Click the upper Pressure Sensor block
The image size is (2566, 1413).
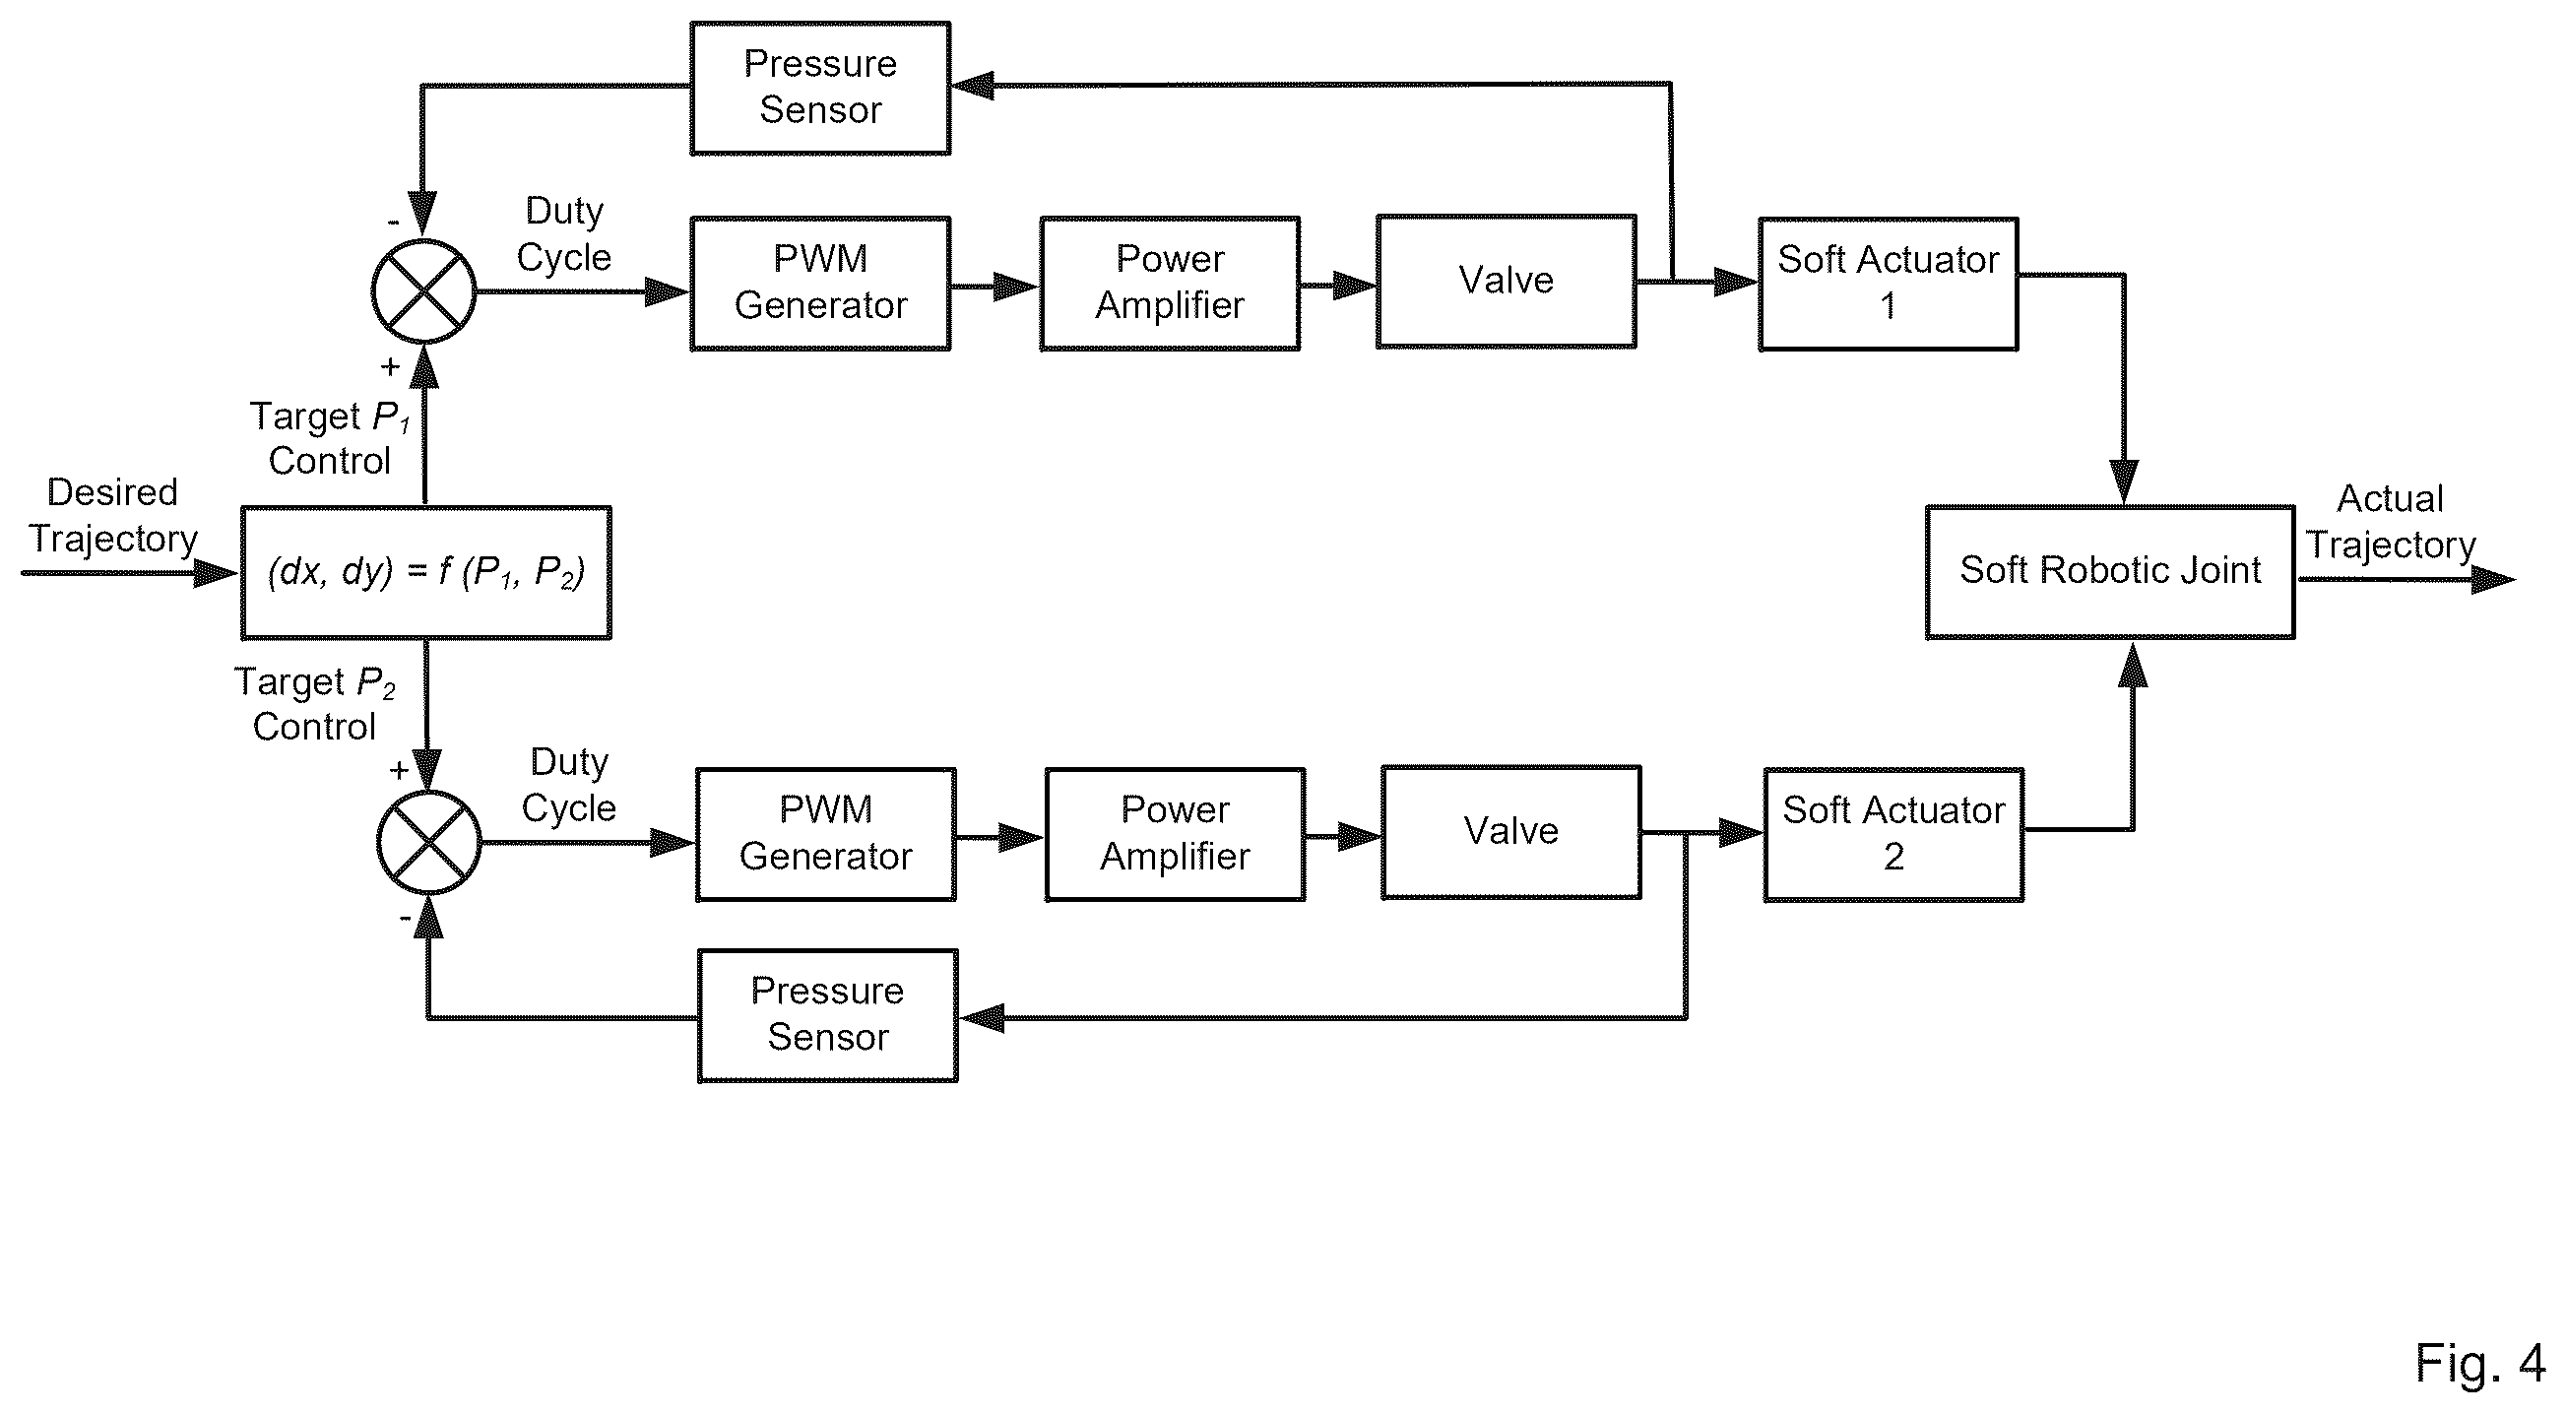(x=821, y=88)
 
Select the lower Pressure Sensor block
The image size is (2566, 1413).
(x=828, y=1015)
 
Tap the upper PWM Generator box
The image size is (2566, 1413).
(x=821, y=283)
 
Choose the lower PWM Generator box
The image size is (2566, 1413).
(x=826, y=834)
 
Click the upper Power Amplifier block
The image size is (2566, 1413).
(x=1171, y=283)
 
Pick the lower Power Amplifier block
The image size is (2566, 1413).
(x=1176, y=834)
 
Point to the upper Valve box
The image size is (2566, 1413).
(x=1507, y=281)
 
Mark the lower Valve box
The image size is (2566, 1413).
(x=1511, y=832)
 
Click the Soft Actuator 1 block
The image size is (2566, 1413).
(x=1889, y=284)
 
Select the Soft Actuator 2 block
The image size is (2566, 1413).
(x=1893, y=835)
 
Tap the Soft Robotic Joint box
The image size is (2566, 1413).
(x=2111, y=572)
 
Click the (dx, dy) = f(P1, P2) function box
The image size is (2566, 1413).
(x=426, y=573)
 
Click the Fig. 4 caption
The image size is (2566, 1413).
(x=2479, y=1362)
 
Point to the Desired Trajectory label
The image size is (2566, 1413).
(x=112, y=516)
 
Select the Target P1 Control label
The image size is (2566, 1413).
(x=330, y=438)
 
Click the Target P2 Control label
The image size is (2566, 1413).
(x=315, y=704)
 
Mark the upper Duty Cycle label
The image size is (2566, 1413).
(x=564, y=235)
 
